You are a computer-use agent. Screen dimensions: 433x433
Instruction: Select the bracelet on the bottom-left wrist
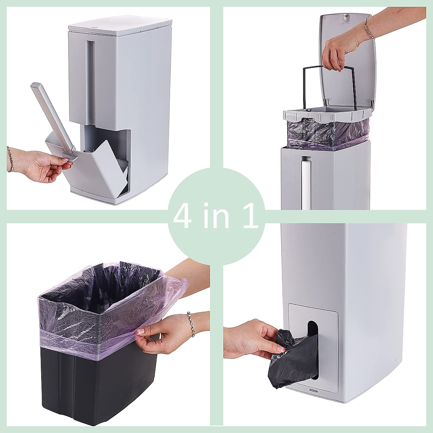[191, 324]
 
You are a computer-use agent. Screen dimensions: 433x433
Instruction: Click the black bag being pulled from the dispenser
[293, 361]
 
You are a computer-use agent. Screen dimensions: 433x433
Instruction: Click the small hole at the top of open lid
[346, 16]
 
